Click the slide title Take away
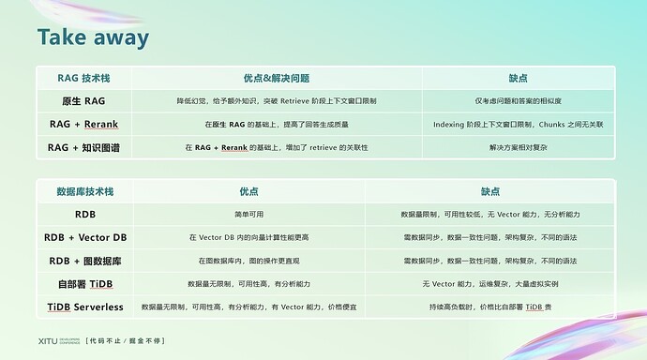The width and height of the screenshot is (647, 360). tap(93, 37)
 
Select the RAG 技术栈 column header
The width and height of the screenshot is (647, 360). tap(83, 78)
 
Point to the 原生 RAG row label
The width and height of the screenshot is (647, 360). tap(83, 100)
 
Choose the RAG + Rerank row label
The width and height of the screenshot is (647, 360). tap(83, 124)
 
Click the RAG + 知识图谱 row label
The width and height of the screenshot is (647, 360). tap(83, 147)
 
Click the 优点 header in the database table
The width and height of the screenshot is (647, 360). tap(248, 191)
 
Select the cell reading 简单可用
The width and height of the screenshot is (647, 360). tap(248, 215)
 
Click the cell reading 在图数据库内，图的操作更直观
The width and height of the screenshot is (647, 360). tap(248, 261)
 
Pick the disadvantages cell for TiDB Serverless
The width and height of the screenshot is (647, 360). tap(490, 307)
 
